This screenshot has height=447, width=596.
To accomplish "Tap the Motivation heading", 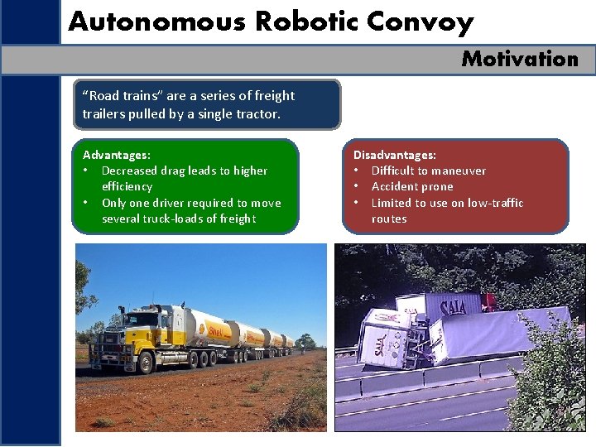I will click(520, 59).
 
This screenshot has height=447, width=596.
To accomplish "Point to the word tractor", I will click(257, 114).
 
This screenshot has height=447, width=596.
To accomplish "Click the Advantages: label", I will click(117, 155).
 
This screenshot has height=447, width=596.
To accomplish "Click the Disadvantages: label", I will click(394, 155).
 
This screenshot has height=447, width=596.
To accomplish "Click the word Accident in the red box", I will click(394, 186).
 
